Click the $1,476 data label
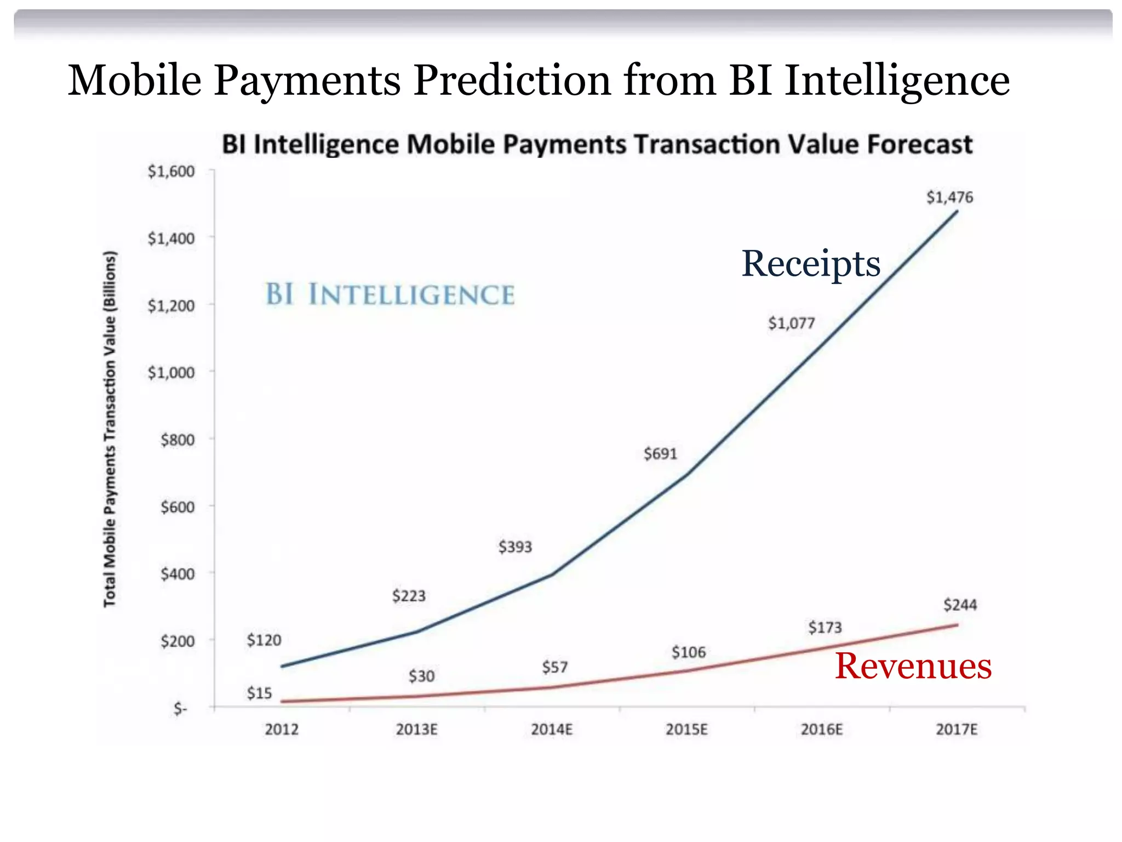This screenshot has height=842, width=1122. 949,197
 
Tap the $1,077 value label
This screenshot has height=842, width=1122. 791,323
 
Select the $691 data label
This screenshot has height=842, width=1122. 660,454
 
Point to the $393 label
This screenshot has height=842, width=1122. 515,547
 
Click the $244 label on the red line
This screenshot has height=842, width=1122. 960,605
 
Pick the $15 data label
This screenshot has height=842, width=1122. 259,693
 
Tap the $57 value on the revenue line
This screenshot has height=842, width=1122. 555,668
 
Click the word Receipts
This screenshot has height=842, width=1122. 811,264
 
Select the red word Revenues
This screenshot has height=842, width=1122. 913,667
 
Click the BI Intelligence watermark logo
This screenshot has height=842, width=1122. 390,294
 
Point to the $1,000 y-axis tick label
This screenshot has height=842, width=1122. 171,373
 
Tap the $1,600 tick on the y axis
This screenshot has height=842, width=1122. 171,172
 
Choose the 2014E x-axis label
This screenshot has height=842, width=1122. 552,730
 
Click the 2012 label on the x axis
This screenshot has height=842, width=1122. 282,730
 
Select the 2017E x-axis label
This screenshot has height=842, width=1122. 957,730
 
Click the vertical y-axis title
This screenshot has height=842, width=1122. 110,429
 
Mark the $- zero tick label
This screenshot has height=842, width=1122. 180,709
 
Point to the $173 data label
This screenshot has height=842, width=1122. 825,628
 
